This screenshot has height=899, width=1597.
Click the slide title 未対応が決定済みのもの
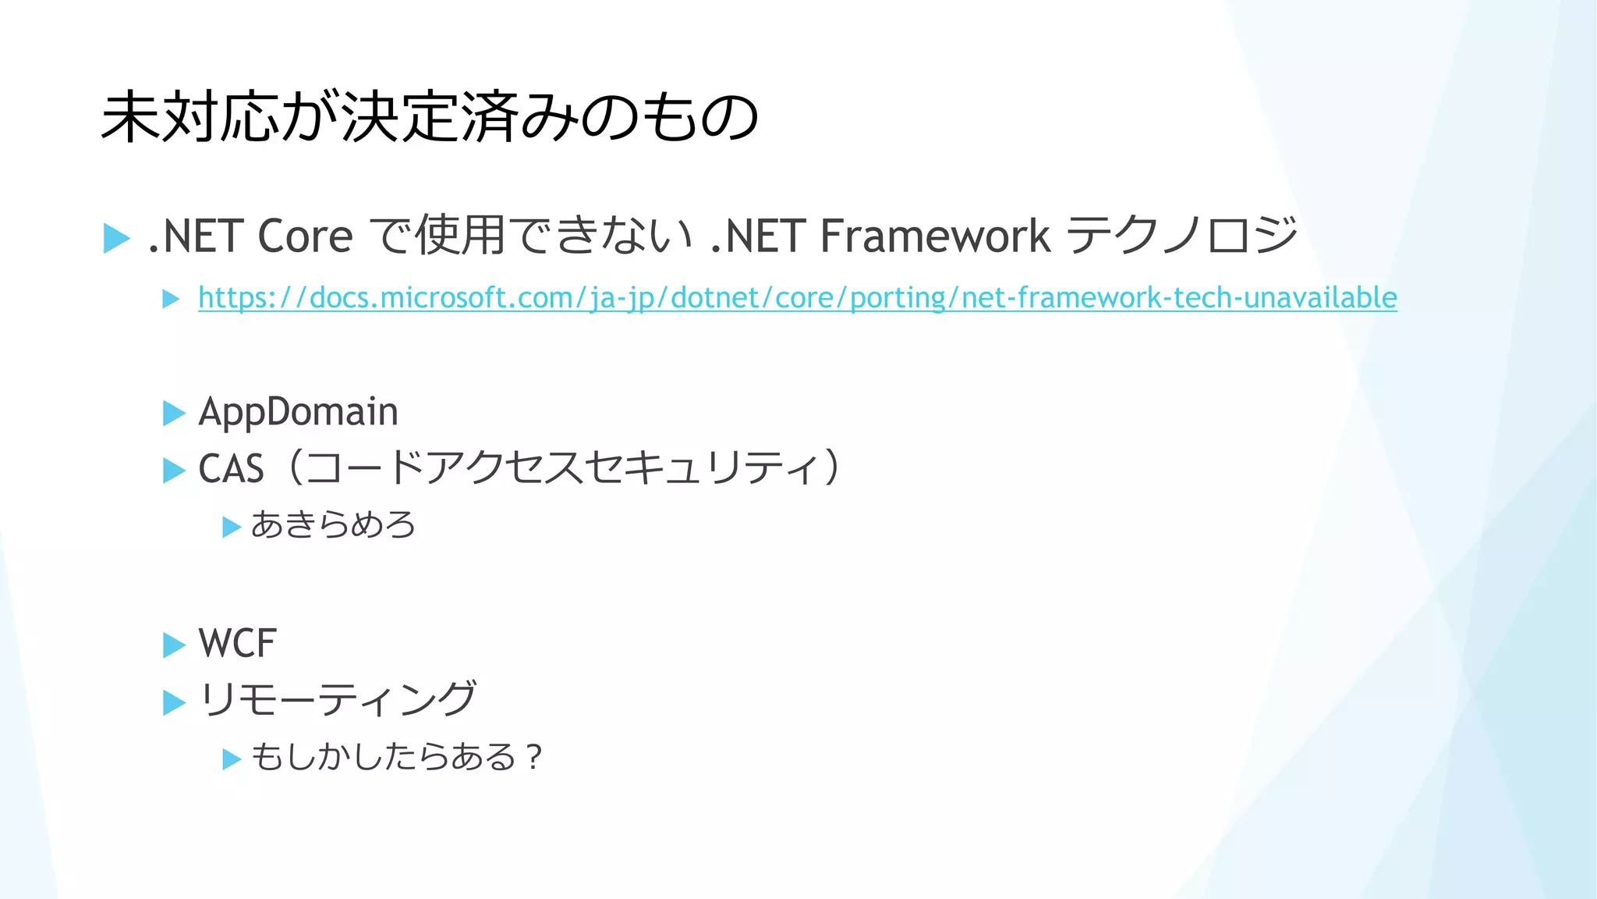430,117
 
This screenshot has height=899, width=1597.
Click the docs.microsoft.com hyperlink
797,298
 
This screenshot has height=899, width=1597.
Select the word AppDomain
298,412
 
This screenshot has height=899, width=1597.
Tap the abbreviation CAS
231,470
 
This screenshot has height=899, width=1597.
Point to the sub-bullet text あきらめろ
333,525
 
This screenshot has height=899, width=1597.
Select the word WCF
237,644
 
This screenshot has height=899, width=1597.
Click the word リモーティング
337,700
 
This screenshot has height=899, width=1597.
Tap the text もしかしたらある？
396,757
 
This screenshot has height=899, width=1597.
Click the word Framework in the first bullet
935,236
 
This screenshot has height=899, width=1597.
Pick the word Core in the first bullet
305,236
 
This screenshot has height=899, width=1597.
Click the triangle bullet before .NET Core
116,238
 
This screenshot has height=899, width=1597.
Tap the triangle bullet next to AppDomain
173,414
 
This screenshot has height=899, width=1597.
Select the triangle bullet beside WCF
173,645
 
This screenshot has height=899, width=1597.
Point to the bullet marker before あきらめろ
231,528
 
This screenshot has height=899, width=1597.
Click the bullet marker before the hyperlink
171,299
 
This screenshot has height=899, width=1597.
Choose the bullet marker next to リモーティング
173,702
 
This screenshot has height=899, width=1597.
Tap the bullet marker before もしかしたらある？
231,759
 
